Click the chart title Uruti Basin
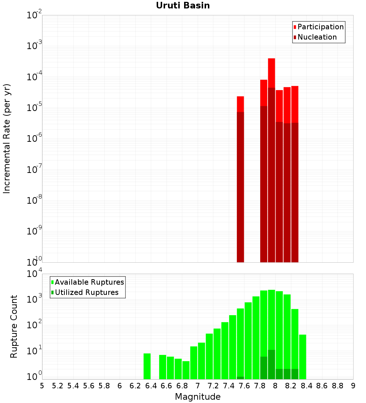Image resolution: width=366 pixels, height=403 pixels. (x=183, y=5)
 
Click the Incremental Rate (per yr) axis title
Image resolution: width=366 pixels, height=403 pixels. (x=7, y=138)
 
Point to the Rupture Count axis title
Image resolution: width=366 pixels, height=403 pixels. (x=14, y=326)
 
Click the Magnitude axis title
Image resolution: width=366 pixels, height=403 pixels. (x=198, y=397)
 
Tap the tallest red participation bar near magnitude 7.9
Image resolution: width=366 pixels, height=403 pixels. (x=271, y=73)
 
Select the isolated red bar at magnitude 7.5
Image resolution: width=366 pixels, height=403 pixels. (x=240, y=104)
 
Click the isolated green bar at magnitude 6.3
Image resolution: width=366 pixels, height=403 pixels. (x=147, y=366)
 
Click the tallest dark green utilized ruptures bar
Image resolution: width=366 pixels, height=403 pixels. (x=271, y=364)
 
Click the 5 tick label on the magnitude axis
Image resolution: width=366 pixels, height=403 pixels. (x=42, y=386)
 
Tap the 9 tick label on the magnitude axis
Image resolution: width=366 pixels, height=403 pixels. (x=353, y=386)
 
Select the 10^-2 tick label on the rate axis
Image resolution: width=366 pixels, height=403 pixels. (x=34, y=15)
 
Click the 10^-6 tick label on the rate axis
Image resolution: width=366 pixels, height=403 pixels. (x=34, y=138)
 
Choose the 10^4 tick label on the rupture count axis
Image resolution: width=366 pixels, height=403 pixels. (x=34, y=274)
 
